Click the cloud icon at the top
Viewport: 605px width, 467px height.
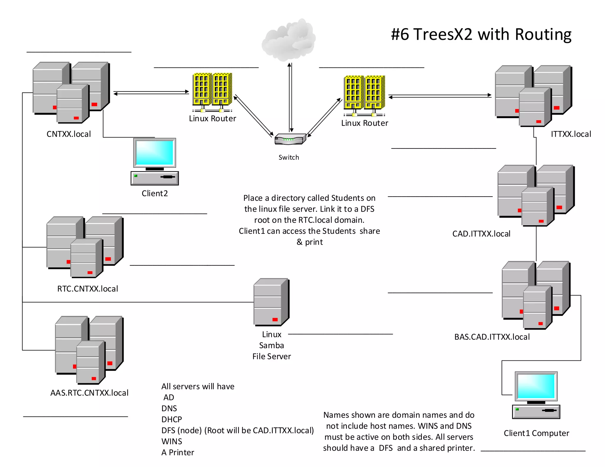coord(289,40)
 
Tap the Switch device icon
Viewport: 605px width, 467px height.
coord(290,139)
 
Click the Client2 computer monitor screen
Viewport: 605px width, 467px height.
coord(154,153)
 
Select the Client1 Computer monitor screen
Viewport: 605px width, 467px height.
coord(536,386)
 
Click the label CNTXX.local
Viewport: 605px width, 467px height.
coord(69,134)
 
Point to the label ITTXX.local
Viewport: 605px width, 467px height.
coord(571,134)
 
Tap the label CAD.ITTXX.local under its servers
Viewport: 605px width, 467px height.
coord(481,234)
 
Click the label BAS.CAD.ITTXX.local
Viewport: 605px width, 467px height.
coord(492,337)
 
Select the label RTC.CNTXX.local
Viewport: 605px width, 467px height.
coord(87,289)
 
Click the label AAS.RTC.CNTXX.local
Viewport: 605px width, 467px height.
coord(89,393)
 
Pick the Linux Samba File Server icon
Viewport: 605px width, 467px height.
coord(271,302)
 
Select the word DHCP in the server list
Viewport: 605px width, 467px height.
coord(172,419)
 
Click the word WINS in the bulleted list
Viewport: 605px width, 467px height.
coord(172,441)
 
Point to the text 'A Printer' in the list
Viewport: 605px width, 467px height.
coord(178,453)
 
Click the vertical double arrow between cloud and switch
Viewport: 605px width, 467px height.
coord(290,97)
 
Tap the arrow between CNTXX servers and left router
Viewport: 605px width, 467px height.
coord(151,93)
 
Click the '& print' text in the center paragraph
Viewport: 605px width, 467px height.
coord(309,242)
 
